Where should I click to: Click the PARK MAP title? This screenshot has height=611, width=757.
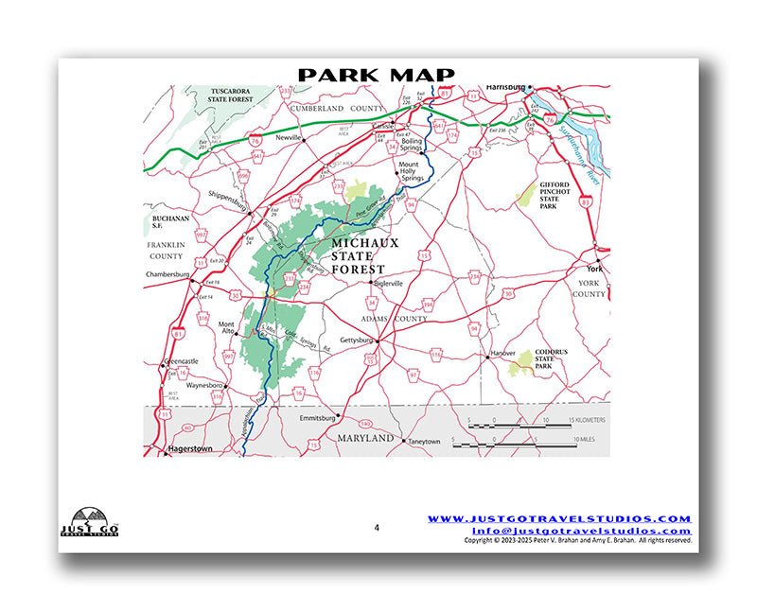coord(377,75)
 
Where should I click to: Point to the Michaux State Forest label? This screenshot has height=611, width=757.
coord(365,255)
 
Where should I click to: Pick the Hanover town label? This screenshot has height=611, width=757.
coord(502,353)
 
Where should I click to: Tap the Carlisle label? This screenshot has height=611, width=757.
coord(383,126)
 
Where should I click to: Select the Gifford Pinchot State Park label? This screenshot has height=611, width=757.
coord(554,201)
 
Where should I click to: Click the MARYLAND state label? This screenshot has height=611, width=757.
coord(364,439)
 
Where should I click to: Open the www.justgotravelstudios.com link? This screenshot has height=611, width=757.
coord(559,519)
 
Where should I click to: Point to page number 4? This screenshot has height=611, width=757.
coord(376,528)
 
